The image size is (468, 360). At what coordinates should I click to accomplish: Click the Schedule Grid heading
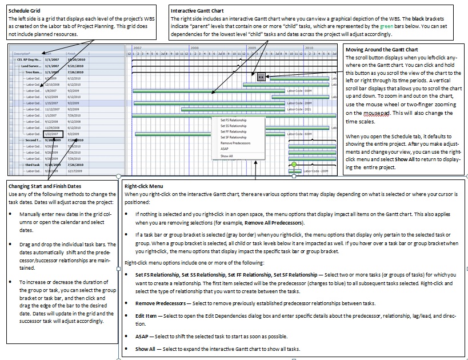tap(23, 11)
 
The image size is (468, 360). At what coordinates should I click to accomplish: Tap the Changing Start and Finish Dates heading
tap(45, 186)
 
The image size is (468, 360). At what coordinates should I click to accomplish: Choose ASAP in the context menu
tap(225, 149)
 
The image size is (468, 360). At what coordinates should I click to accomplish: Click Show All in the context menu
tap(226, 155)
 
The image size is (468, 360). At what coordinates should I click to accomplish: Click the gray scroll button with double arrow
tap(260, 77)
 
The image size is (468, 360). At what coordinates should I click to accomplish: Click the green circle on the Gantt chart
tap(294, 165)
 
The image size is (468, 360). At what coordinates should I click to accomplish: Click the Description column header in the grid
tap(23, 53)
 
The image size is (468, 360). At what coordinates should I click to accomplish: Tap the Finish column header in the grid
tap(72, 53)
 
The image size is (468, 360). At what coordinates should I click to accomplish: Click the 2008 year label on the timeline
tap(194, 48)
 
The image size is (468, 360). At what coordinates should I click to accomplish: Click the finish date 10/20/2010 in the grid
tap(75, 59)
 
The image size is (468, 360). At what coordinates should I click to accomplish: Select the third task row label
tap(32, 165)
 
